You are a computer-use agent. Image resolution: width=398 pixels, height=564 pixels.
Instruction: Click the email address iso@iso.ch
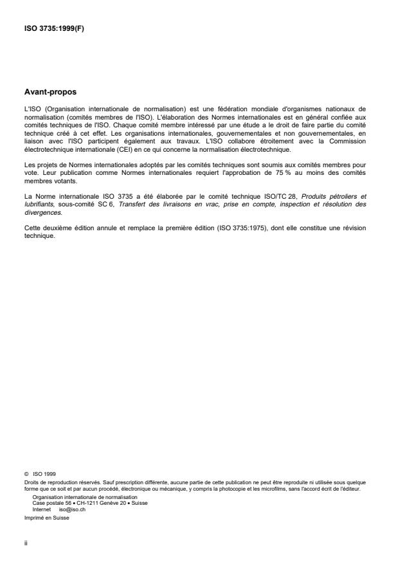[x=72, y=507]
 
